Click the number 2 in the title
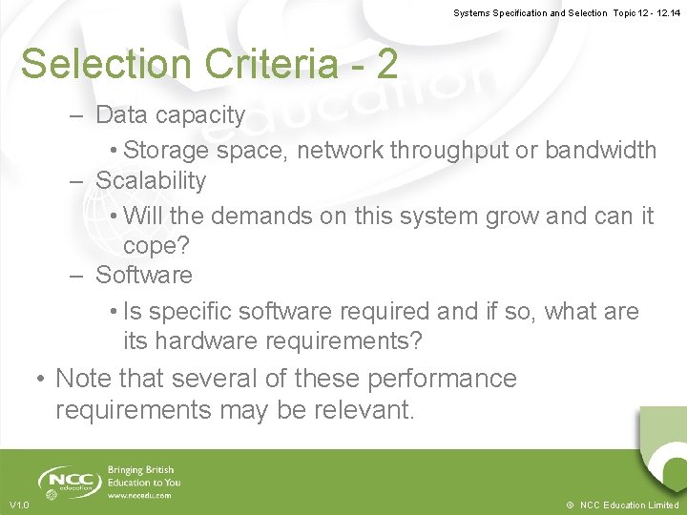pyautogui.click(x=386, y=64)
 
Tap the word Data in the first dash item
pyautogui.click(x=119, y=115)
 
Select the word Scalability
pyautogui.click(x=151, y=180)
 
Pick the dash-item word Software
pyautogui.click(x=144, y=276)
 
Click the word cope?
pyautogui.click(x=157, y=245)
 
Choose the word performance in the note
pyautogui.click(x=444, y=379)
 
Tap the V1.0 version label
pyautogui.click(x=19, y=505)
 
